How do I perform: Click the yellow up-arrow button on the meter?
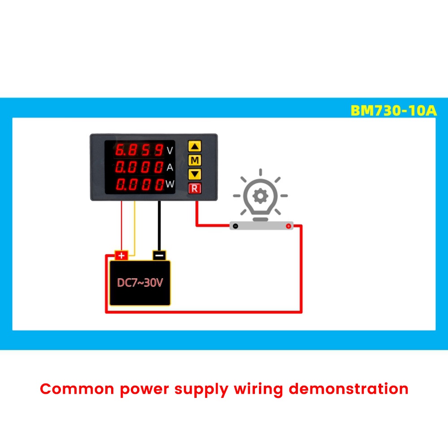194,146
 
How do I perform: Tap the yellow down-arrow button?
194,174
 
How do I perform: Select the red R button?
194,188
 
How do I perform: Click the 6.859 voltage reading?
139,150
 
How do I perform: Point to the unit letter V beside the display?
170,151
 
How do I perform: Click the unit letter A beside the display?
170,167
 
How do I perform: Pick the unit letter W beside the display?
170,184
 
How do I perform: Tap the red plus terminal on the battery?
121,255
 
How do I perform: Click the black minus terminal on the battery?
159,255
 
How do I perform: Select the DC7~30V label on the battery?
140,283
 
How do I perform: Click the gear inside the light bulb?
260,196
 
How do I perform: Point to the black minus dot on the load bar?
236,226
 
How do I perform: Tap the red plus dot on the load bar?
288,226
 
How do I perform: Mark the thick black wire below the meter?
159,226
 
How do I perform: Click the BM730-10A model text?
393,111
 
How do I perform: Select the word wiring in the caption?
258,390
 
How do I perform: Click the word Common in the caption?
77,389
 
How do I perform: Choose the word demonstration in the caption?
349,389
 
